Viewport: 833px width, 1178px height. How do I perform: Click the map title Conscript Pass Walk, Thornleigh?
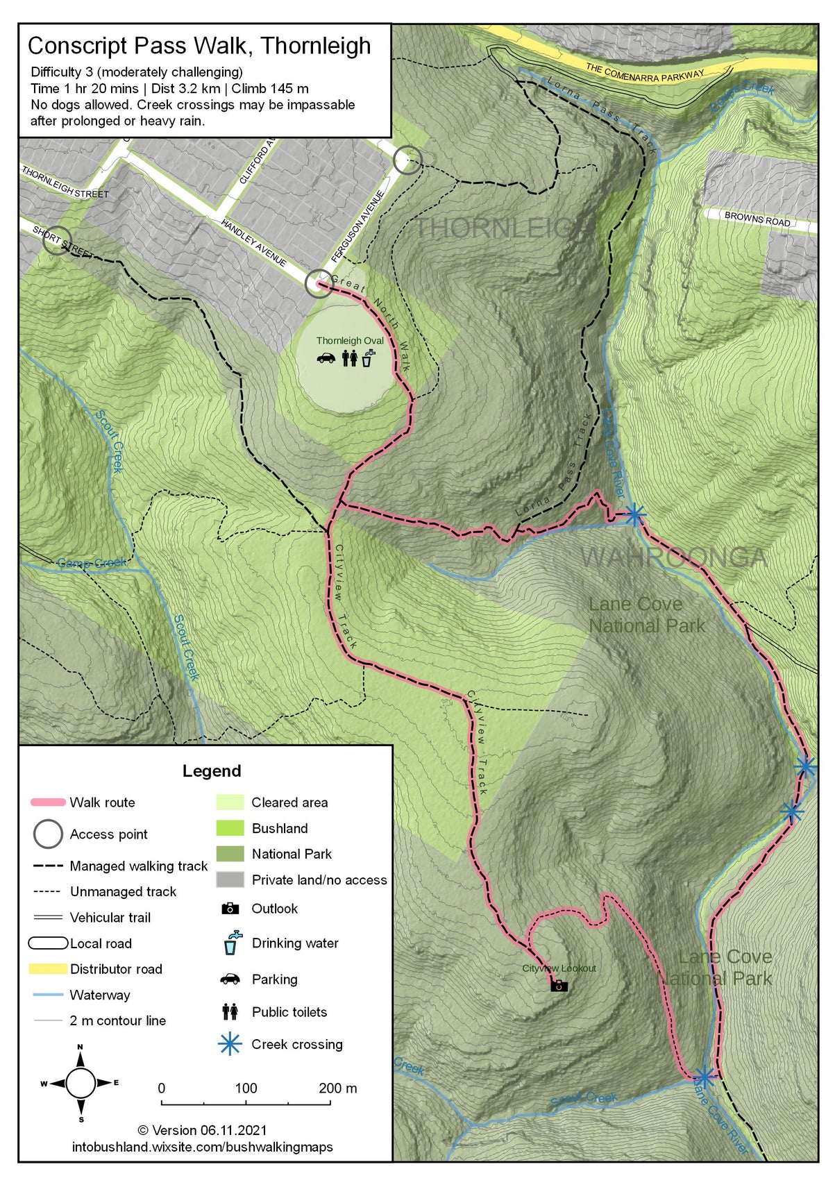coord(199,46)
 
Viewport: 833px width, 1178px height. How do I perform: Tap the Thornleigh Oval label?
coord(350,340)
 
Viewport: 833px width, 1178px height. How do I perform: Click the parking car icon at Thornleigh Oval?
coord(326,358)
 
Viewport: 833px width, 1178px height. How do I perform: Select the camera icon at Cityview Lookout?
coord(559,986)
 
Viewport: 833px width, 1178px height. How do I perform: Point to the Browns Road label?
coord(757,219)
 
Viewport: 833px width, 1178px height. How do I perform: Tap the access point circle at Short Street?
coord(57,240)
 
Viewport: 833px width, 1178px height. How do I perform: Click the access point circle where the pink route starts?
coord(319,284)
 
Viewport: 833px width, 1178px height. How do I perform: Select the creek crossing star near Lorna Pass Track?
coord(634,515)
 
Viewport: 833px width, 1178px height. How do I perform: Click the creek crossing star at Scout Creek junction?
coord(704,1077)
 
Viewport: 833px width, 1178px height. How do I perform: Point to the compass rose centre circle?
coord(81,1082)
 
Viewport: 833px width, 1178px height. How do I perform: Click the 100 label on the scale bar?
coord(246,1088)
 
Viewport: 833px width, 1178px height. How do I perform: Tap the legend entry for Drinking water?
coord(295,943)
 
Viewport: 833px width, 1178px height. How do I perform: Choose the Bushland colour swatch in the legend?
coord(230,828)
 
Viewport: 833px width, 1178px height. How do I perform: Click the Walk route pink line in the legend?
coord(48,802)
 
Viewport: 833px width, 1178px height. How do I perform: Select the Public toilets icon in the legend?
coord(230,1011)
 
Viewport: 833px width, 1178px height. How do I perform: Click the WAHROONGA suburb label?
coord(673,557)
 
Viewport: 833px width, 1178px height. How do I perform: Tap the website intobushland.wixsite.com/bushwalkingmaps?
coord(202,1147)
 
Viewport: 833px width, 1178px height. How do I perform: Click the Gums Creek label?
coord(91,562)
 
